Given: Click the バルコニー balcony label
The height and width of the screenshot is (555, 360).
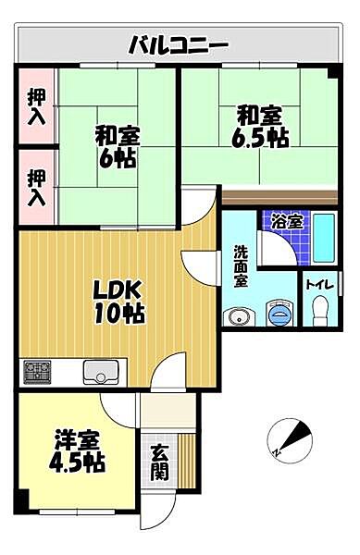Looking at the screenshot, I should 178,44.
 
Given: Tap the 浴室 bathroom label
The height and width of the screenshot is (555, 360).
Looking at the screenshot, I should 286,222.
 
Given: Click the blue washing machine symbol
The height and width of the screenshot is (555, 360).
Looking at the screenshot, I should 278,315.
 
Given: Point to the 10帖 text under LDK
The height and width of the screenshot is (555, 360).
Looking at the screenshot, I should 118,314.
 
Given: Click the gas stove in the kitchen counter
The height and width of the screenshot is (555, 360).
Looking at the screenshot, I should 39,373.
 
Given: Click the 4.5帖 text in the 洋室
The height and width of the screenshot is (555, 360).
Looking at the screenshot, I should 73,462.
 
